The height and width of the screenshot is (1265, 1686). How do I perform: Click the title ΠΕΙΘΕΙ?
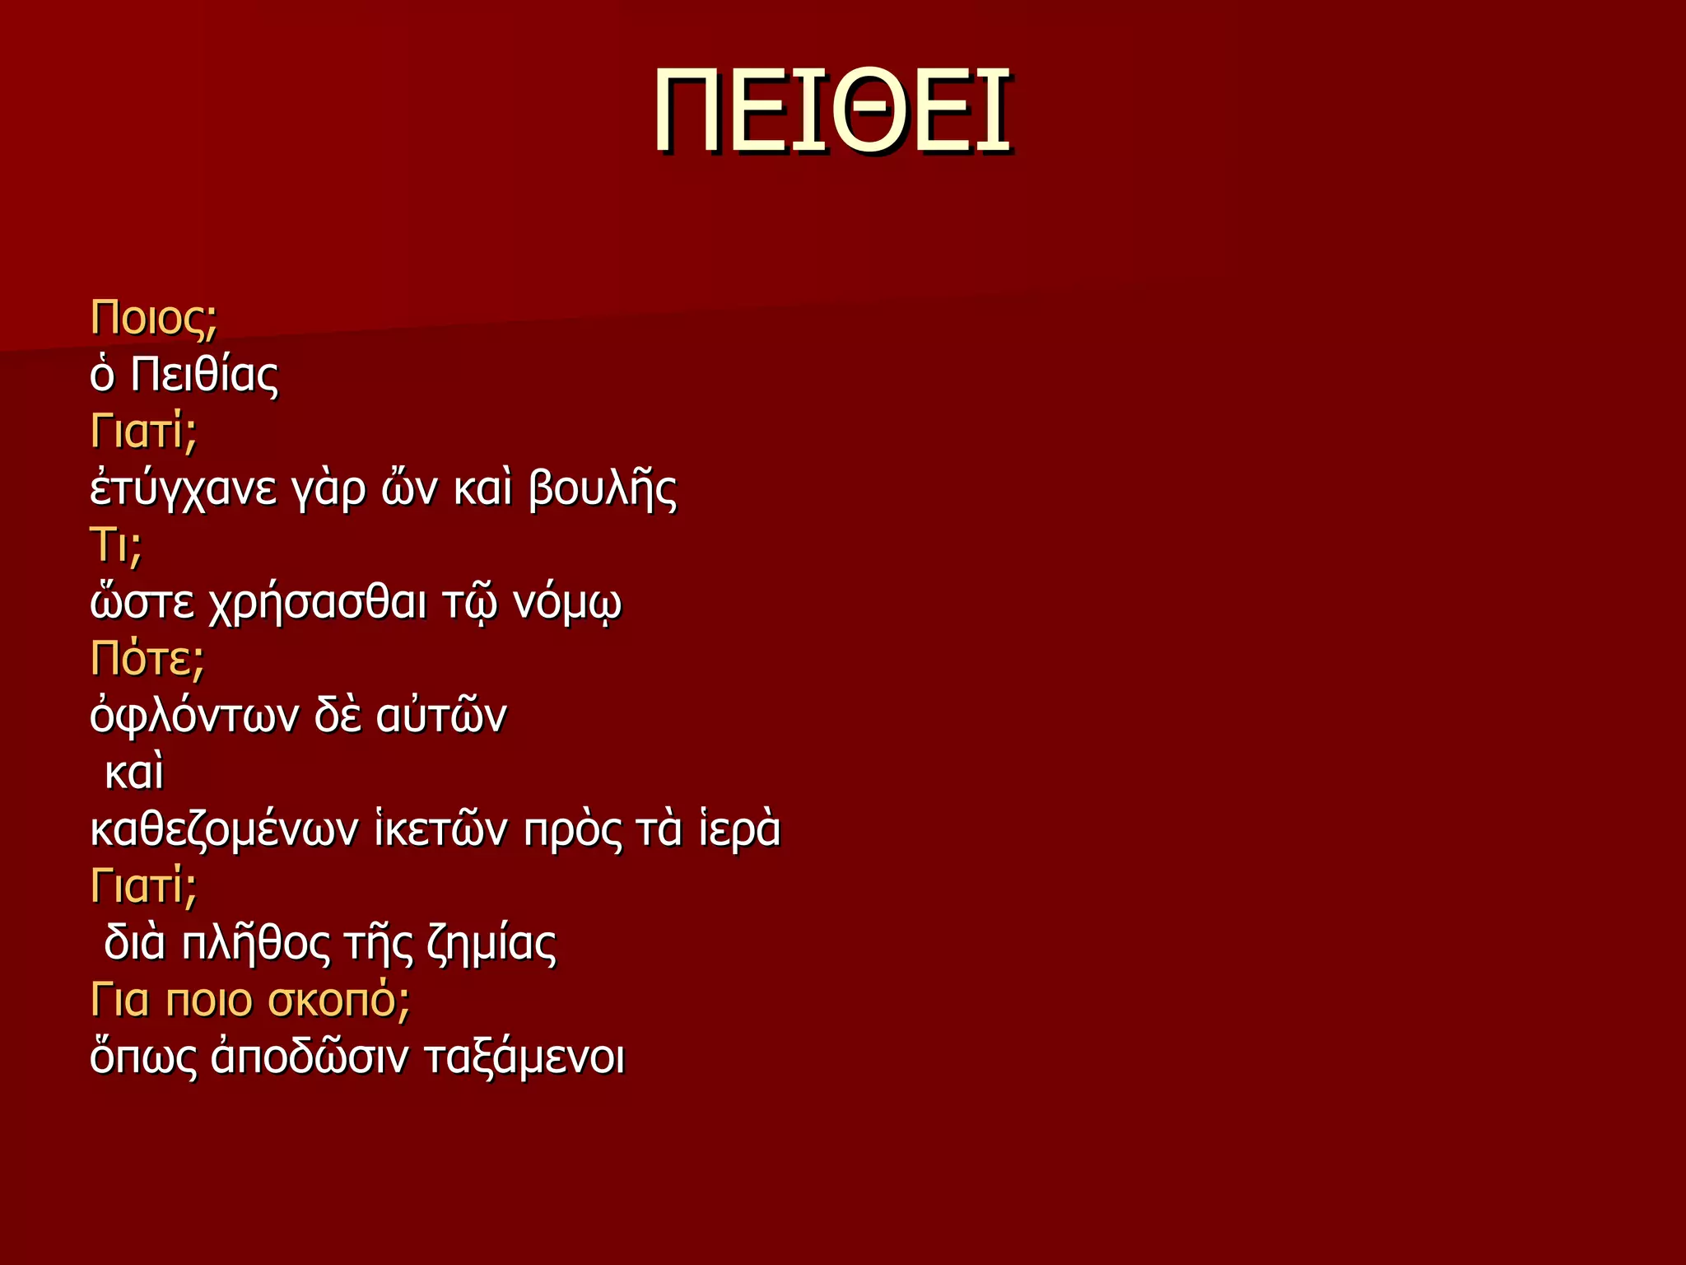point(832,111)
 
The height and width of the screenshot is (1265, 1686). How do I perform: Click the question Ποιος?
point(154,318)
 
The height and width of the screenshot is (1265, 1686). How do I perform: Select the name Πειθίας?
point(205,375)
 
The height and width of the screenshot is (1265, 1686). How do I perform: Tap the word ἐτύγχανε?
point(183,489)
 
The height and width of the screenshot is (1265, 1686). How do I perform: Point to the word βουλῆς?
point(603,489)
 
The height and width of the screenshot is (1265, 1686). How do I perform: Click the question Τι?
point(116,545)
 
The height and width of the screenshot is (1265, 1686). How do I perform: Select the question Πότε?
point(147,659)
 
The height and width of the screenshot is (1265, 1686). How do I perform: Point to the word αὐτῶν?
point(441,716)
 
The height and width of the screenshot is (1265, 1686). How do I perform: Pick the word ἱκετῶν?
point(440,830)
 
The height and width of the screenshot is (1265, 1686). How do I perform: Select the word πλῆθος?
point(256,944)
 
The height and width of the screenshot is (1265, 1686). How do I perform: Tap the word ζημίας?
point(491,944)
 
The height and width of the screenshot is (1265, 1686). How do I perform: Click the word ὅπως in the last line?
point(143,1057)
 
